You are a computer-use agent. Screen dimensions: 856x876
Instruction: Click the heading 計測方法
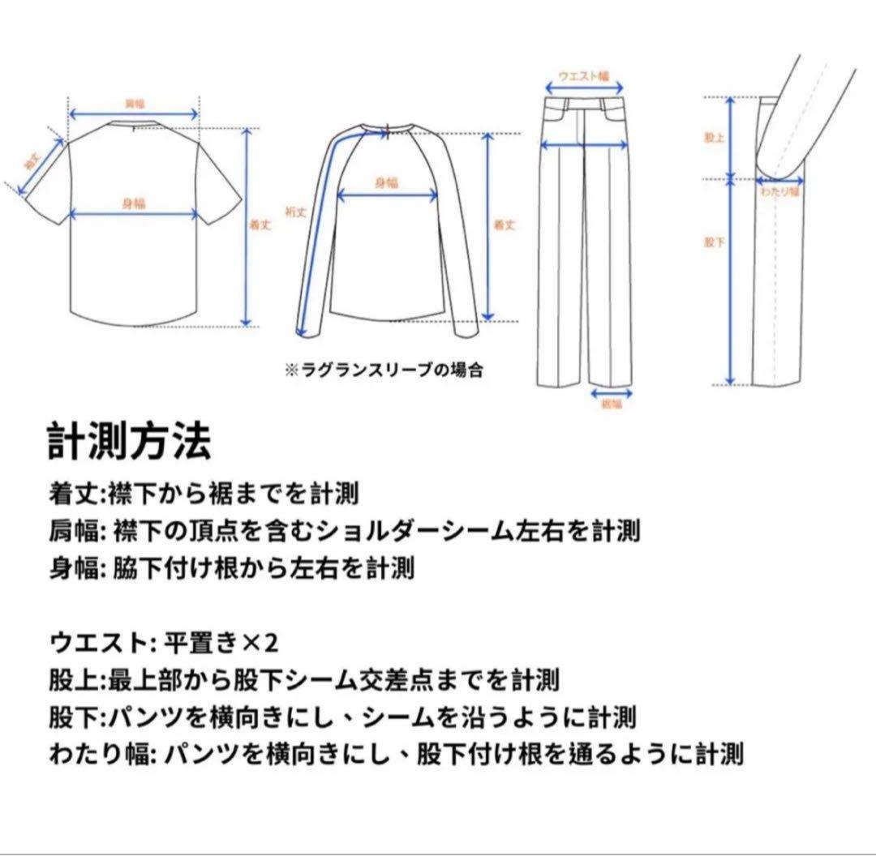pyautogui.click(x=129, y=443)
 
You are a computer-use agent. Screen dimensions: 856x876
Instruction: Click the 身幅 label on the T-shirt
pyautogui.click(x=134, y=203)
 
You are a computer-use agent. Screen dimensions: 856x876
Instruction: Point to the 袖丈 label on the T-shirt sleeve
pyautogui.click(x=32, y=162)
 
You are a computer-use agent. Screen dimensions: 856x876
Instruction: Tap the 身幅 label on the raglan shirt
pyautogui.click(x=386, y=183)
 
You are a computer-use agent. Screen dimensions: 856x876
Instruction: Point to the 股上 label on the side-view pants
pyautogui.click(x=714, y=138)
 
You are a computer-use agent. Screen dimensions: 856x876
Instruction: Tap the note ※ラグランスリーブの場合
pyautogui.click(x=384, y=370)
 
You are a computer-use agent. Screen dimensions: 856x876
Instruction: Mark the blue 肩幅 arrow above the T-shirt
pyautogui.click(x=134, y=114)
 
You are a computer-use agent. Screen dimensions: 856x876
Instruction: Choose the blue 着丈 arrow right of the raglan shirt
pyautogui.click(x=487, y=226)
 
